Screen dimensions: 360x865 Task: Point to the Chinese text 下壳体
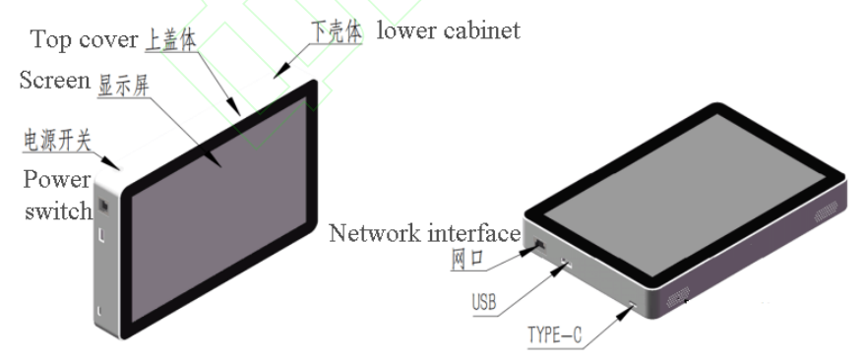tap(335, 30)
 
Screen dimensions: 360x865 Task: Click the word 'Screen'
tap(54, 82)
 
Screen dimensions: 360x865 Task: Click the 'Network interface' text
tap(423, 233)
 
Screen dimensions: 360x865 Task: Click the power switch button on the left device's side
tap(103, 209)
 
